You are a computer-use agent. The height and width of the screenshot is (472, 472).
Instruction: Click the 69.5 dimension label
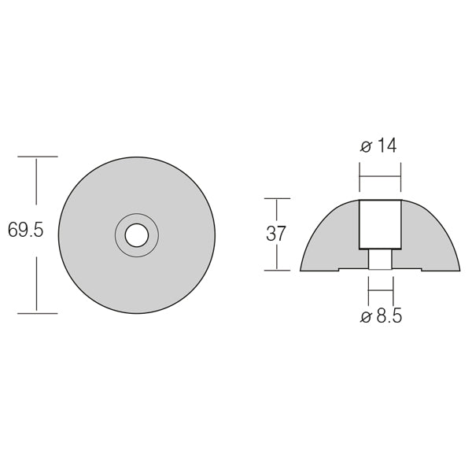25,231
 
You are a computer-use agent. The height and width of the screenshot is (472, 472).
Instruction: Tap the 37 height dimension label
276,234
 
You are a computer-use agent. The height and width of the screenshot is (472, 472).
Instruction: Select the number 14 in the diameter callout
386,146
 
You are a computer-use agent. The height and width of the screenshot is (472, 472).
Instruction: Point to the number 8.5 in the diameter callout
386,317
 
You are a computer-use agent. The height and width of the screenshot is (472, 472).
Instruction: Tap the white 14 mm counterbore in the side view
380,224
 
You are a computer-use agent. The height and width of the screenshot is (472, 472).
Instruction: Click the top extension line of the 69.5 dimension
37,157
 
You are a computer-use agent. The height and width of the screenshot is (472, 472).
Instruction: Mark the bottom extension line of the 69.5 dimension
37,313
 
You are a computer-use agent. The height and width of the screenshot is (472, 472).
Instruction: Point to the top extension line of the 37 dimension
277,198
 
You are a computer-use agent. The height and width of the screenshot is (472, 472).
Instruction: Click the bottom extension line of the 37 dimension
277,271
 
